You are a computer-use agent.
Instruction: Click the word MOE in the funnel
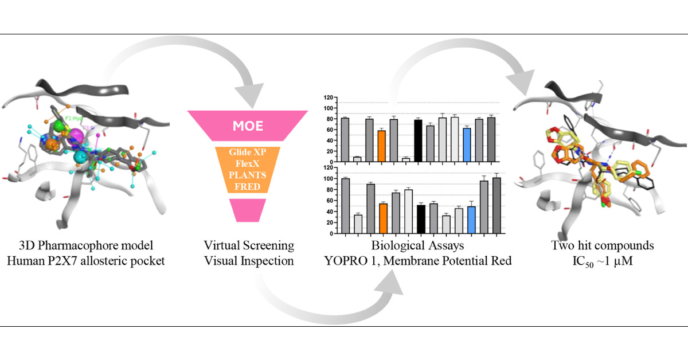click(x=248, y=125)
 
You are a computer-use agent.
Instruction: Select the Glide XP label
click(x=248, y=153)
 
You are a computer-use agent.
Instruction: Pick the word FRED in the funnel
click(x=248, y=187)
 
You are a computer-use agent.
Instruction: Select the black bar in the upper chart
click(x=418, y=140)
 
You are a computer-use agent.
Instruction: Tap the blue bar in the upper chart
click(x=467, y=144)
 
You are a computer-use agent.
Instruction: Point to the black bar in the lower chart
click(x=421, y=219)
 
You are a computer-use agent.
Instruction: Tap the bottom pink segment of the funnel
click(x=248, y=210)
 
